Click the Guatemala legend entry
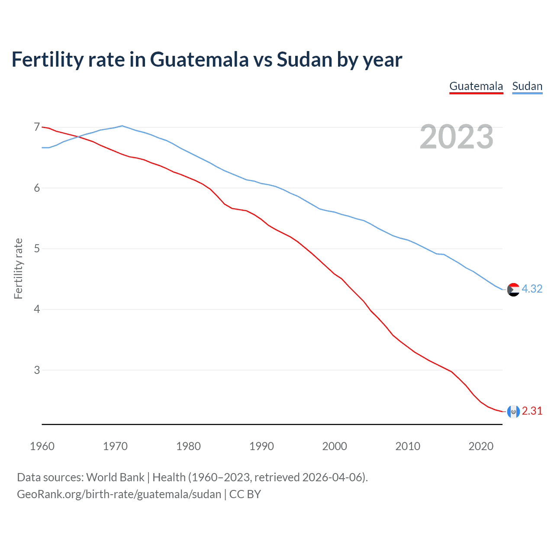[476, 86]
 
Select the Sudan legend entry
[527, 86]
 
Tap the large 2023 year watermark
[457, 137]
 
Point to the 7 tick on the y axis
[37, 127]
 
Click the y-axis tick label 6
[37, 188]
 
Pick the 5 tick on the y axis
[37, 248]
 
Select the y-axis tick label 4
[37, 309]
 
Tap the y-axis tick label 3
[37, 370]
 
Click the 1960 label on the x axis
[42, 446]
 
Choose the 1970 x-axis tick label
[115, 446]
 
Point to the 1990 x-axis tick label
[261, 446]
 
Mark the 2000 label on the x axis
[335, 446]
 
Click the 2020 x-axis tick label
[481, 446]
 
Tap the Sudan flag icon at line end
[513, 290]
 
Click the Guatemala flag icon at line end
[513, 412]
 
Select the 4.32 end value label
[532, 289]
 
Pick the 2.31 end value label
[532, 411]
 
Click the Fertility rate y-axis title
[18, 268]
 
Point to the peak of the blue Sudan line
[122, 126]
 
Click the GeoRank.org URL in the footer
[119, 494]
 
